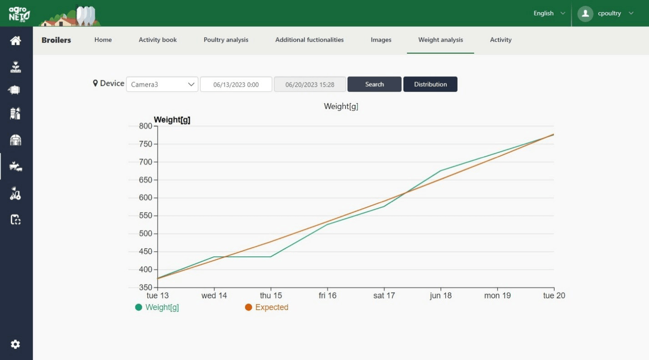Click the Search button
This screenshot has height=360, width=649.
coord(374,84)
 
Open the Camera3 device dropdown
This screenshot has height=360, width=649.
coord(162,84)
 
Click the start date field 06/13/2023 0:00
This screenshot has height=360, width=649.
coord(236,84)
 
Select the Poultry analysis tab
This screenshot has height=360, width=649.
coord(226,40)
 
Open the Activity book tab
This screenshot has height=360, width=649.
coord(158,40)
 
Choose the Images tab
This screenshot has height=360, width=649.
coord(381,40)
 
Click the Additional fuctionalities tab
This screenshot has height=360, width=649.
coord(309,40)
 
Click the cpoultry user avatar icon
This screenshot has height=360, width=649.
coord(585,14)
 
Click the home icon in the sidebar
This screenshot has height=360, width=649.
coord(16,40)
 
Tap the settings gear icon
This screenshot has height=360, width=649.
coord(15,344)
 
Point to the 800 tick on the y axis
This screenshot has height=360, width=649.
coord(146,126)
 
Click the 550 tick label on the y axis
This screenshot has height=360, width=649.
coord(146,216)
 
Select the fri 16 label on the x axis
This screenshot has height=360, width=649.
coord(327,295)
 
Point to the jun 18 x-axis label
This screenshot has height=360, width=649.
coord(441,295)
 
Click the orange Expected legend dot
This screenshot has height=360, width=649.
coord(248,307)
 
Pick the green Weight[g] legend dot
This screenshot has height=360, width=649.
coord(139,307)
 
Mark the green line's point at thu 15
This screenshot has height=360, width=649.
coord(271,257)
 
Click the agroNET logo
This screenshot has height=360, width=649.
coord(20,13)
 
